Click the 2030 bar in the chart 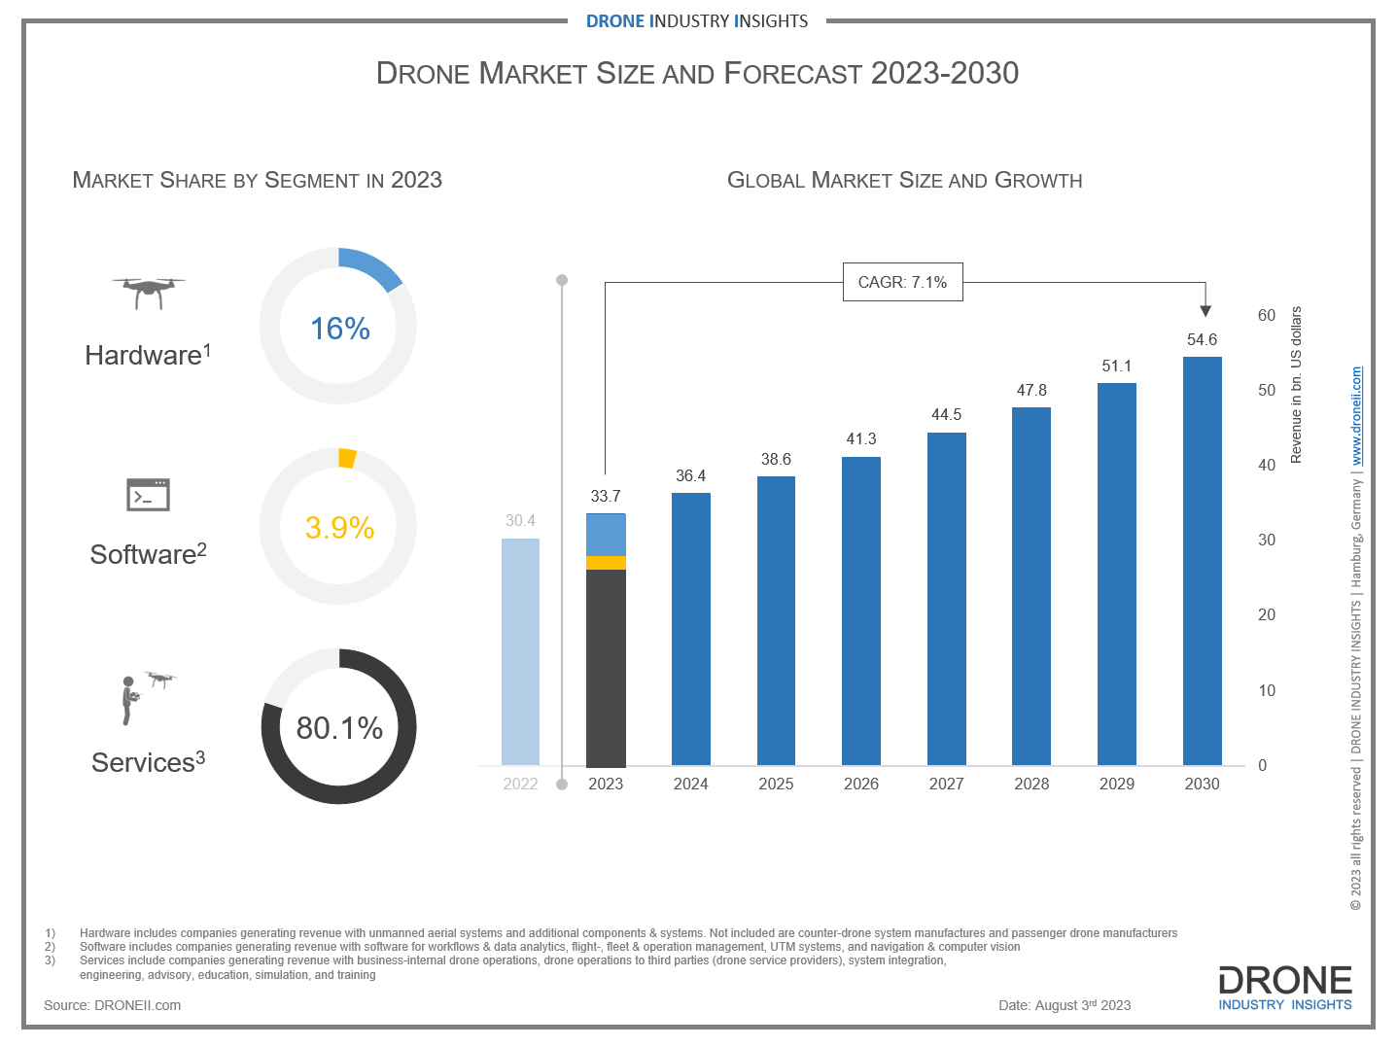click(1202, 561)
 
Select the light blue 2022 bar click(520, 651)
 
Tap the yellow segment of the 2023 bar click(606, 562)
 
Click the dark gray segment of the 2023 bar click(606, 668)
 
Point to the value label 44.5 click(946, 415)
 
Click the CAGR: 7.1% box click(902, 282)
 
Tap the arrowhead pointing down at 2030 click(1205, 311)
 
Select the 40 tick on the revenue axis click(1266, 466)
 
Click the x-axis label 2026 click(860, 784)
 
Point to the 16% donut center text click(339, 329)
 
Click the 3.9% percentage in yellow click(339, 528)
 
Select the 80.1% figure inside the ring click(339, 728)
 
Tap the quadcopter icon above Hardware click(148, 291)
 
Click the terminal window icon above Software click(148, 495)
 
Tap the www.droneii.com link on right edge click(1356, 416)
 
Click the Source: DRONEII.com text click(112, 1005)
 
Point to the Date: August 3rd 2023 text click(1065, 1005)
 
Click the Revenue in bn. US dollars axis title click(1296, 385)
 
